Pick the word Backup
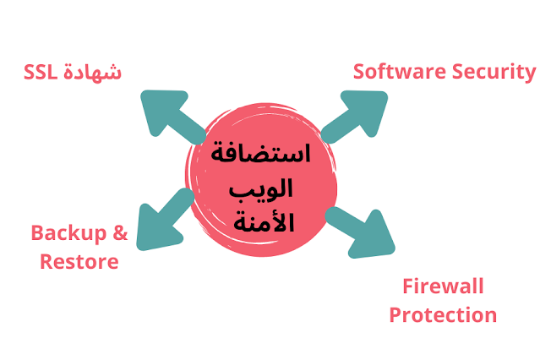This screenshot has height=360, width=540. [x=69, y=232]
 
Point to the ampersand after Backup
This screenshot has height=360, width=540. [x=120, y=232]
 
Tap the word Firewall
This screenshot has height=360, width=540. [x=443, y=286]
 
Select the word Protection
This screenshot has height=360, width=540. [x=443, y=316]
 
